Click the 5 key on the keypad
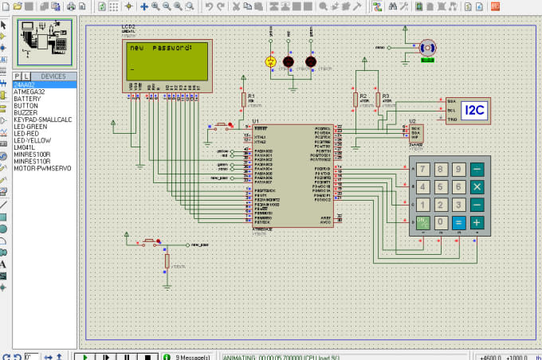click(x=439, y=187)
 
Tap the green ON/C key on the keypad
click(x=421, y=222)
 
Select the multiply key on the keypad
click(x=477, y=187)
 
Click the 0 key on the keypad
click(x=439, y=222)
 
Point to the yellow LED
click(x=270, y=61)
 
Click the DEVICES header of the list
click(x=53, y=76)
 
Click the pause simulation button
click(x=126, y=355)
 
